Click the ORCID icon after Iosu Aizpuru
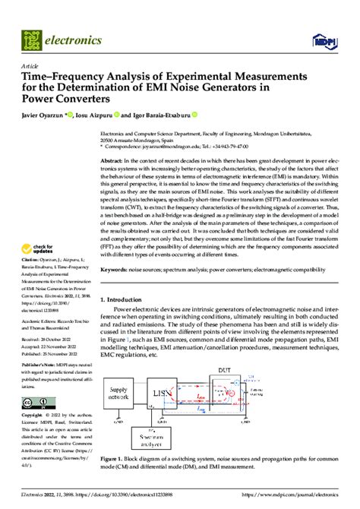coord(117,115)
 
